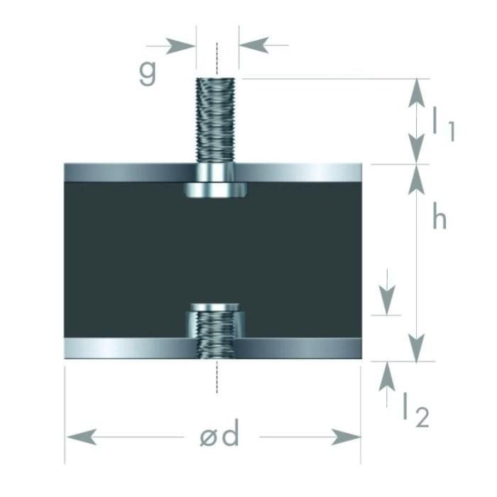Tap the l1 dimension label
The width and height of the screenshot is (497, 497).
[444, 124]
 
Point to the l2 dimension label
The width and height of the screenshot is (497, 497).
[416, 410]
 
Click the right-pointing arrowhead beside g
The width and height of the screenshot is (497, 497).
[180, 46]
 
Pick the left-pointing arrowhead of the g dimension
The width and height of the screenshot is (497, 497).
[254, 45]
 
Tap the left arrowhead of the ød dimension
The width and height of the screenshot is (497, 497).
[82, 437]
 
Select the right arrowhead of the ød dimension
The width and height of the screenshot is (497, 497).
[346, 437]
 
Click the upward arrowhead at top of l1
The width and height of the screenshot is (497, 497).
[417, 93]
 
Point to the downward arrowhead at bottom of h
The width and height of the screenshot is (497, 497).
[417, 348]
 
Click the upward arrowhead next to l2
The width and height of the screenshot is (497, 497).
[387, 376]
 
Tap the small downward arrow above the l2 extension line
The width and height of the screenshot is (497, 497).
[387, 292]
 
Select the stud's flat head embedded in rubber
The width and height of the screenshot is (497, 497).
[216, 190]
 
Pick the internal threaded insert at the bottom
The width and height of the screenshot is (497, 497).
[216, 330]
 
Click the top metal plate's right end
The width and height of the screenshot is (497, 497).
[361, 173]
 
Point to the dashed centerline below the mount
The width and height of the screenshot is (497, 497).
[217, 377]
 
